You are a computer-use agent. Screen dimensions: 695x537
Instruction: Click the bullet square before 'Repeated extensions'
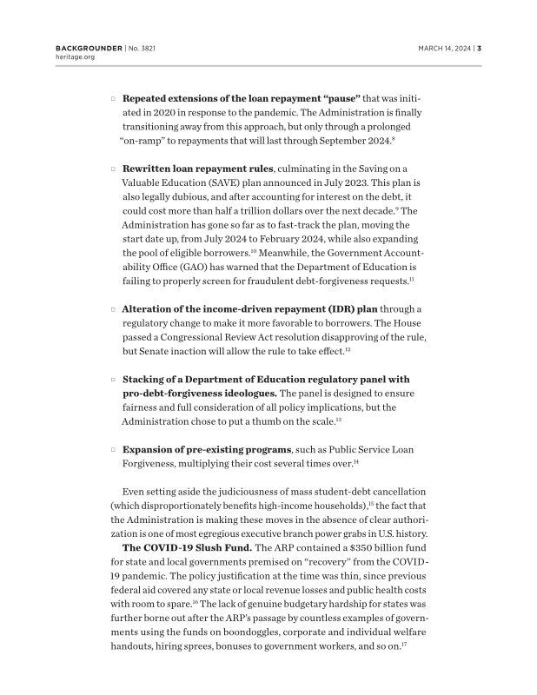point(113,100)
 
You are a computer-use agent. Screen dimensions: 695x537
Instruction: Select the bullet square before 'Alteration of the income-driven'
point(113,308)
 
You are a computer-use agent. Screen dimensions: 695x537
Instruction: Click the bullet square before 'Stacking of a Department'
point(113,380)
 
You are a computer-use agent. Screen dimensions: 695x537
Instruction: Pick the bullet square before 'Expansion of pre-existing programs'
point(113,450)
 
